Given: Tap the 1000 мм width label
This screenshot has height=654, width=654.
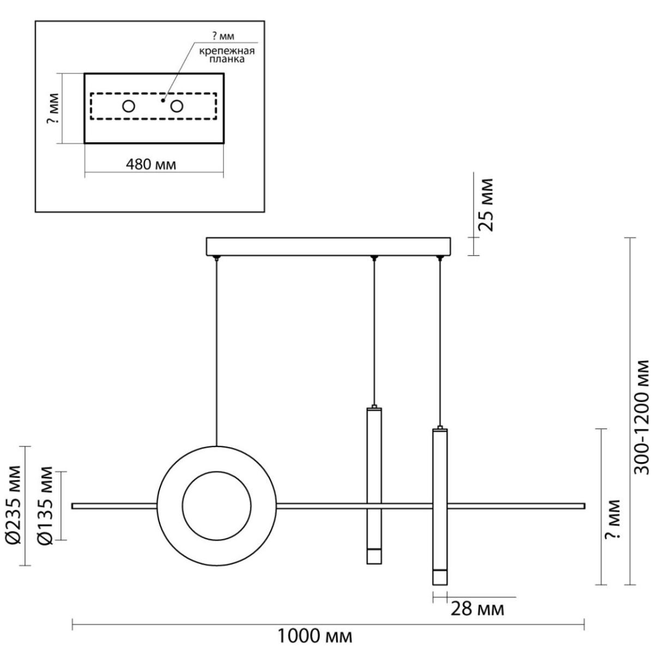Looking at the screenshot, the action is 314,636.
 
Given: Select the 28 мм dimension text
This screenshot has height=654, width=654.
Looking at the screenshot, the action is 477,609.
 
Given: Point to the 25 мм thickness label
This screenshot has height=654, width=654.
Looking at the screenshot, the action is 486,205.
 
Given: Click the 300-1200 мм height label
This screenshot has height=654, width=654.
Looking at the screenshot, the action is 642,417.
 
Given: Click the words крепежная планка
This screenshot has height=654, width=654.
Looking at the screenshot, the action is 227,55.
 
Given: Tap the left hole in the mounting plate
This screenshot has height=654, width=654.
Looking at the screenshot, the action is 129,107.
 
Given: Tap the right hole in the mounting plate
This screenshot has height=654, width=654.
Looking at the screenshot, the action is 177,107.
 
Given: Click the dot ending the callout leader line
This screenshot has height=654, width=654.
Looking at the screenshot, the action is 163,100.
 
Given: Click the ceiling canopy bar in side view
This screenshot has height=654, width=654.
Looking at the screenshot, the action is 328,246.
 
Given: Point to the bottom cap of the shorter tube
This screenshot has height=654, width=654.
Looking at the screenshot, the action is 374,556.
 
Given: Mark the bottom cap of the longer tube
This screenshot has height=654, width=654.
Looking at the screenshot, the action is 440,577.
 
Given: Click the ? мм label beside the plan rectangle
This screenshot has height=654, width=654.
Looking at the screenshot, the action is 53,108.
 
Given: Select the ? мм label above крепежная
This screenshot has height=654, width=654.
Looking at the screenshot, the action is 223,36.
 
